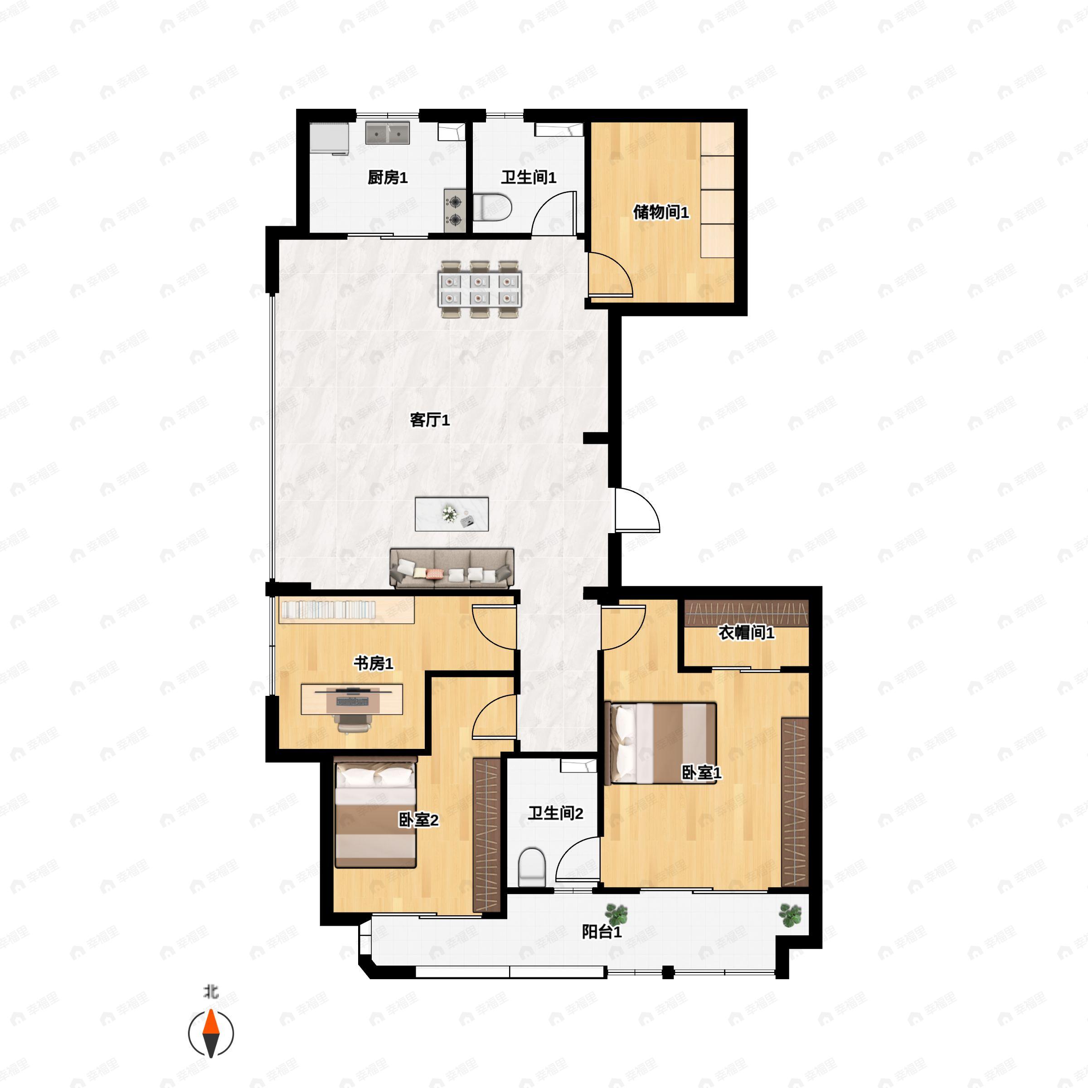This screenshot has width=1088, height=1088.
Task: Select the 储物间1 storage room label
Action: click(661, 212)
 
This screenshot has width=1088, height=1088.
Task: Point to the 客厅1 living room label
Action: click(430, 420)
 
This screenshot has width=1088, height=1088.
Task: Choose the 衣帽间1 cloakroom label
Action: click(746, 632)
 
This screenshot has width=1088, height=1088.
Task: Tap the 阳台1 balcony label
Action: click(602, 932)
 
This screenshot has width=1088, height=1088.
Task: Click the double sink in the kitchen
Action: click(388, 133)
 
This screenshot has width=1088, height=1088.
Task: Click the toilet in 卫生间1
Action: click(492, 207)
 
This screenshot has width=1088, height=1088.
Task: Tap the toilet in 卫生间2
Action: click(532, 868)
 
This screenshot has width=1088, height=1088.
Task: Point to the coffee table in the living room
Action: click(452, 514)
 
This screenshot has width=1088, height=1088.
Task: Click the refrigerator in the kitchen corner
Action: click(330, 138)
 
